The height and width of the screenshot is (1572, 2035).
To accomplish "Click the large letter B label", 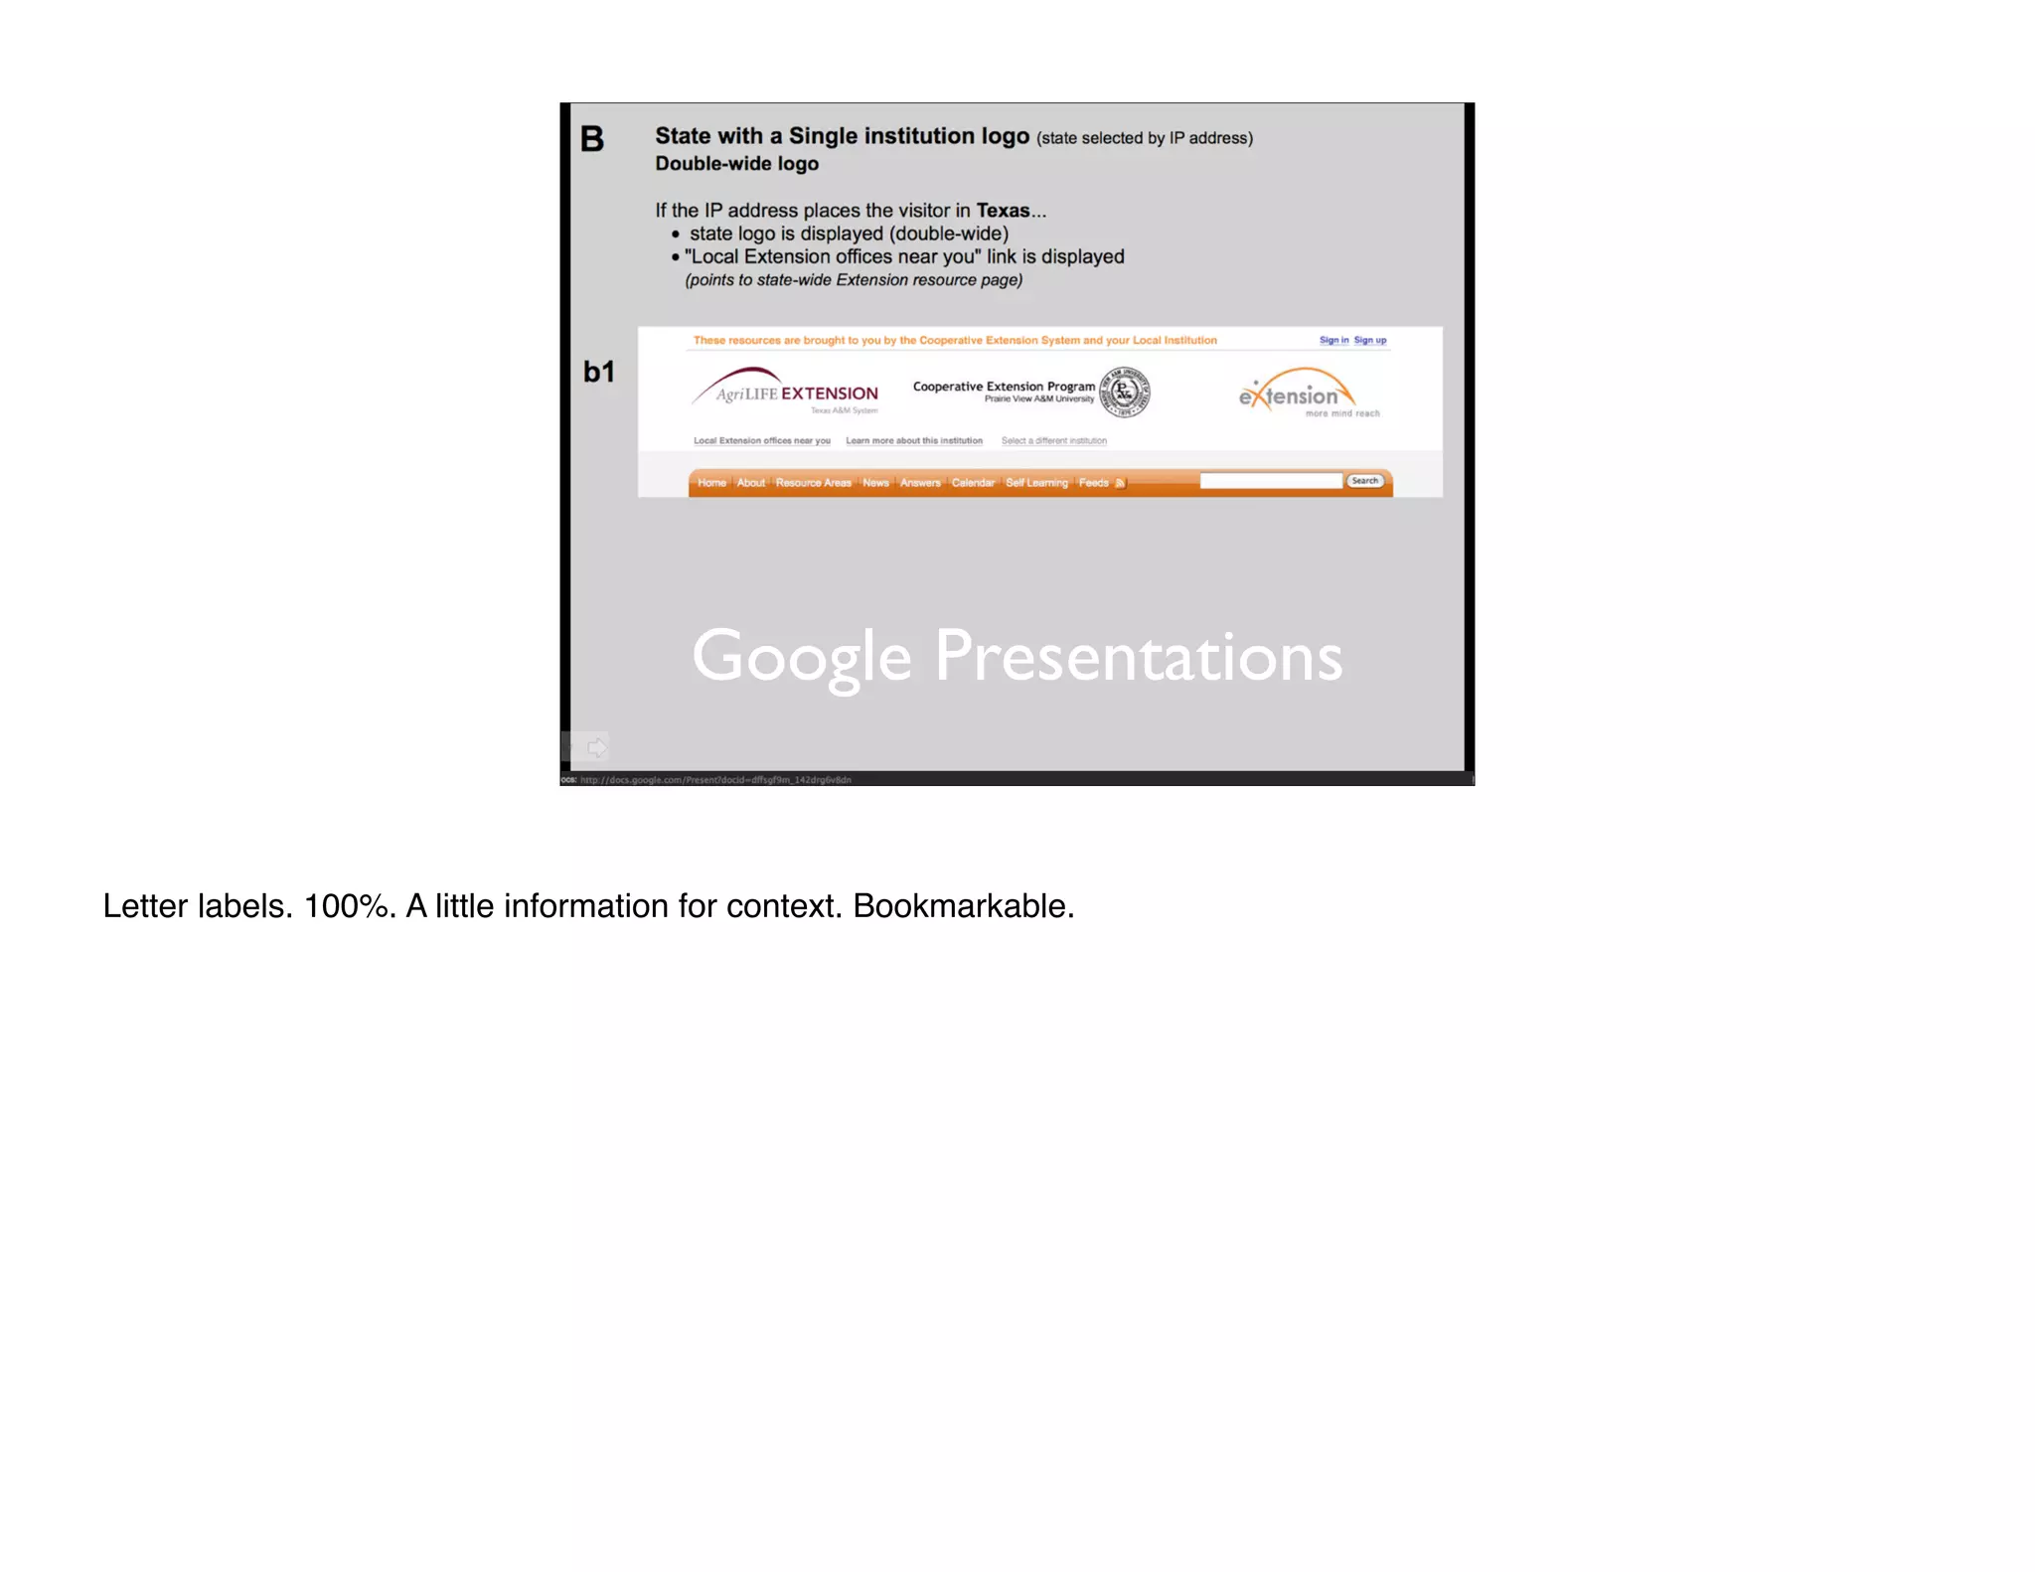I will coord(592,139).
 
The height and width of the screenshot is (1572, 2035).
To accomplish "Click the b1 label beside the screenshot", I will coord(599,372).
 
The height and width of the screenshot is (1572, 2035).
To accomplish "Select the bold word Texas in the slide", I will coord(1003,211).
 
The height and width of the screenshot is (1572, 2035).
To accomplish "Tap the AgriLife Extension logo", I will coord(786,392).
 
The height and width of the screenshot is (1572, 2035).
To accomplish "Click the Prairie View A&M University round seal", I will coord(1125,392).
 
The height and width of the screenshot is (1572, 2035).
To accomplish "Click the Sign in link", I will coord(1333,340).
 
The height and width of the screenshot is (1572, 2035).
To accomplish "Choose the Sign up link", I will coord(1370,340).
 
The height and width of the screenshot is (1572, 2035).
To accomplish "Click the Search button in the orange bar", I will coord(1365,481).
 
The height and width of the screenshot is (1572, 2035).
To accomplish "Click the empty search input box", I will coord(1271,481).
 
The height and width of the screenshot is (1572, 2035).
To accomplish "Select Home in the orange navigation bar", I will coord(711,483).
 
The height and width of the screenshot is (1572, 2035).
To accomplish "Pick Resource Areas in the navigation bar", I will coord(813,483).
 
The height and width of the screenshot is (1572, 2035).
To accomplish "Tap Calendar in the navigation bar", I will coord(973,483).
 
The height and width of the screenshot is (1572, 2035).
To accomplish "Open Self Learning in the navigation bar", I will coord(1036,483).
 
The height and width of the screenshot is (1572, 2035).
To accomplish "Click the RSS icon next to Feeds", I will coord(1120,483).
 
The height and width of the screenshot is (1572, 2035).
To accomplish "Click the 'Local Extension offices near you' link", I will coord(761,440).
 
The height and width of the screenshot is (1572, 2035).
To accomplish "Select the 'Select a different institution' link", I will coord(1053,440).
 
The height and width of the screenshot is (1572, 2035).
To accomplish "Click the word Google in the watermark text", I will coord(801,658).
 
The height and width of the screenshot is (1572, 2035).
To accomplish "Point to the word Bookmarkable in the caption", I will coord(963,906).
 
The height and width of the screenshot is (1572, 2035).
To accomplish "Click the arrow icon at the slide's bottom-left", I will coord(596,747).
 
